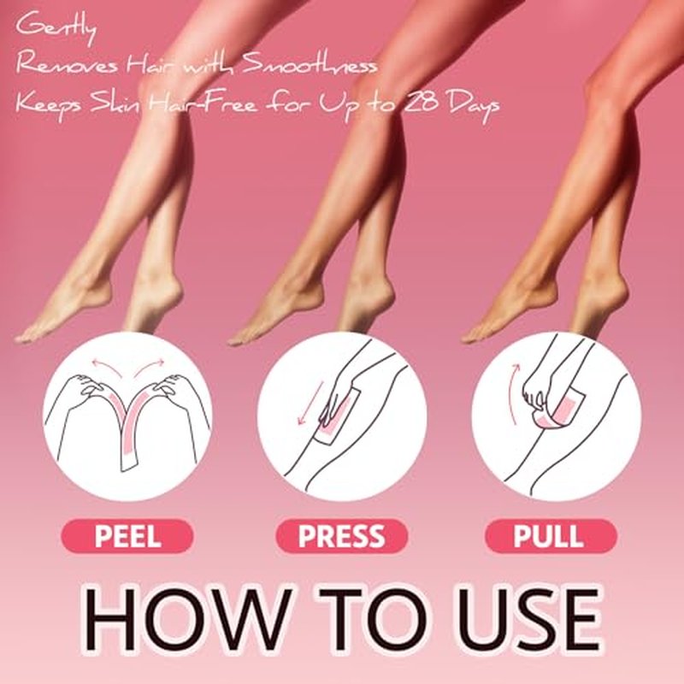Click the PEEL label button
pyautogui.click(x=127, y=536)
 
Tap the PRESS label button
pyautogui.click(x=341, y=536)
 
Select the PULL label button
pyautogui.click(x=551, y=536)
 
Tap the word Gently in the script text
pyautogui.click(x=56, y=28)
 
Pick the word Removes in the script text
pyautogui.click(x=68, y=65)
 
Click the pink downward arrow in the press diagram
pyautogui.click(x=310, y=402)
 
